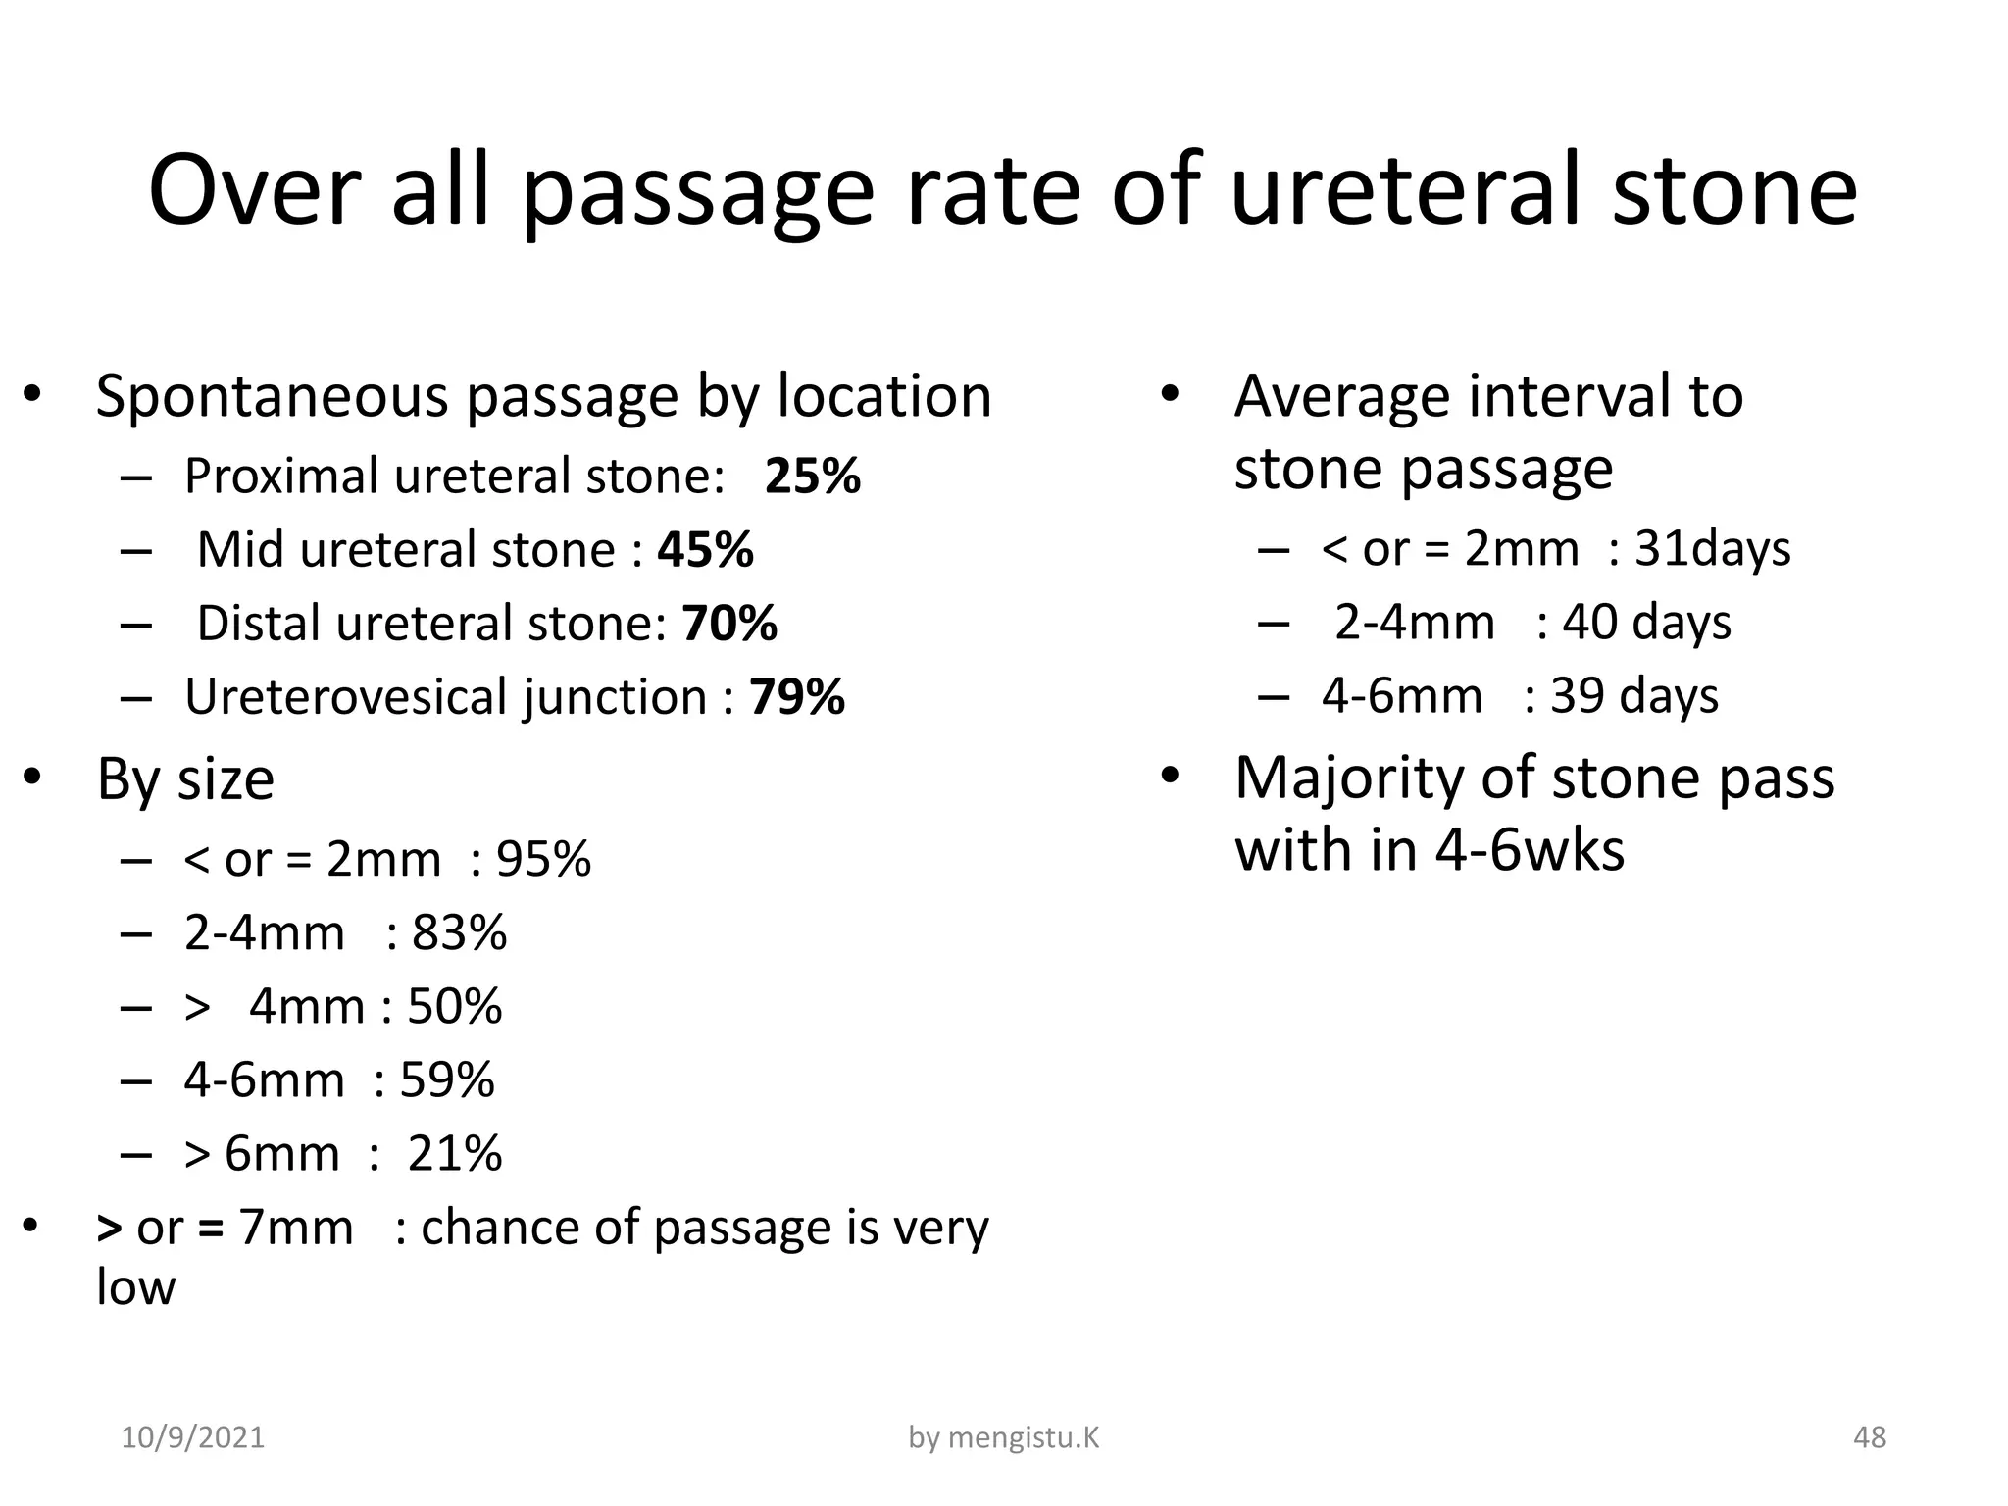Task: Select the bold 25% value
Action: point(812,477)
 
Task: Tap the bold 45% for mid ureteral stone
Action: point(705,550)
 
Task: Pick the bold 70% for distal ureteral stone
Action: point(729,624)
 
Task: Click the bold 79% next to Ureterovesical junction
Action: point(796,697)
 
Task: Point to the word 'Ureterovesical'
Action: point(347,697)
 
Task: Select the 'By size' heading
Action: point(185,779)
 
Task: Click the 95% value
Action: point(543,860)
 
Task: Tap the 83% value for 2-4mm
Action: point(459,932)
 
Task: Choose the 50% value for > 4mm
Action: point(454,1007)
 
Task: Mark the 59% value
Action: point(446,1080)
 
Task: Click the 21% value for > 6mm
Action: point(454,1154)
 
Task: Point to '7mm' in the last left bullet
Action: point(295,1228)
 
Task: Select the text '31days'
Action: point(1712,548)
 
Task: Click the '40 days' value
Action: point(1646,623)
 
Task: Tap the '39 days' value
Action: point(1633,696)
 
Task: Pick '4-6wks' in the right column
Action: point(1529,849)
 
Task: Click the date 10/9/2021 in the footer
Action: point(193,1437)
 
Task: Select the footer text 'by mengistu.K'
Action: point(1004,1437)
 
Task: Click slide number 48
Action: point(1870,1437)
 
